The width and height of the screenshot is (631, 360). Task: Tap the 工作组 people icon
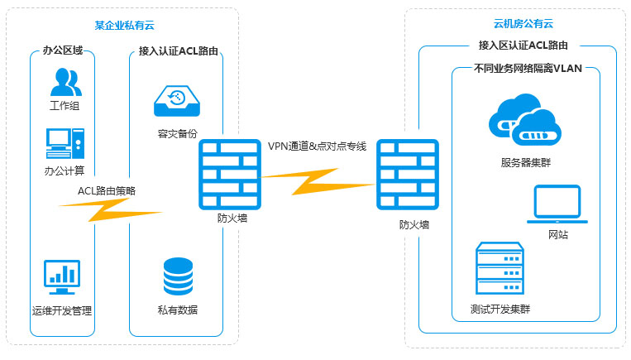pos(65,82)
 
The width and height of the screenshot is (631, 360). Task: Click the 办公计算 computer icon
pos(65,142)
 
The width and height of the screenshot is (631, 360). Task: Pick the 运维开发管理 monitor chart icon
pos(61,277)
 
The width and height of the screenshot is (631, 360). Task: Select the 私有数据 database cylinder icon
pos(178,276)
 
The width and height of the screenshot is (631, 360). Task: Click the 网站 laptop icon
pos(557,204)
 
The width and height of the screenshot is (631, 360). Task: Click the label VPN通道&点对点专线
pos(317,146)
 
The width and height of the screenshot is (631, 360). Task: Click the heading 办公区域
pos(65,51)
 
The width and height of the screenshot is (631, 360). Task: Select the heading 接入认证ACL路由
pos(179,51)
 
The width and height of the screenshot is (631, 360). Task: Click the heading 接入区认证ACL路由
pos(528,46)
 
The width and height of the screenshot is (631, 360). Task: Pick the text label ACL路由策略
pos(107,191)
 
